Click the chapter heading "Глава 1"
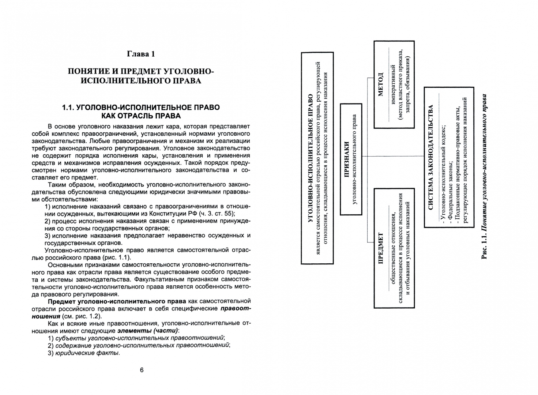141,54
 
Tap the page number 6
142,370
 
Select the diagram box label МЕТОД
381,84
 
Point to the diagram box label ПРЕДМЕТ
381,249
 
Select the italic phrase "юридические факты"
87,353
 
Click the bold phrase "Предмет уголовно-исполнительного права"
117,301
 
